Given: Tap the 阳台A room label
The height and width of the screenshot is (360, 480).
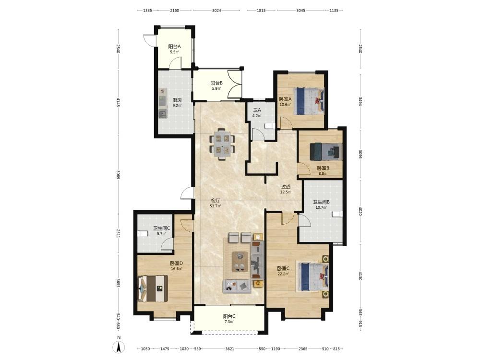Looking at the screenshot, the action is (175, 47).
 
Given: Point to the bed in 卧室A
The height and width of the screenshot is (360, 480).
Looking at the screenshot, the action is (309, 101).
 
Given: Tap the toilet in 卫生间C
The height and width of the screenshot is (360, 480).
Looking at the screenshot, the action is (142, 234).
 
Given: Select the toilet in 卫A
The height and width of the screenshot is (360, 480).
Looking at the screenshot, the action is (269, 125).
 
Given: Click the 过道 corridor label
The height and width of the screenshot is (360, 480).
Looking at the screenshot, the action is (286, 187).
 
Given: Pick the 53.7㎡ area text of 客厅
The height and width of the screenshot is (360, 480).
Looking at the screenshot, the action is (215, 206).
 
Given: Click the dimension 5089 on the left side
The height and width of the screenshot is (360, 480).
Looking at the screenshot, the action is (118, 177).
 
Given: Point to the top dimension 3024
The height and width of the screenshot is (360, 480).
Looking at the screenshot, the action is (216, 11).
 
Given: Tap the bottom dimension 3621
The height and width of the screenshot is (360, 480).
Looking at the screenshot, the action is (229, 348).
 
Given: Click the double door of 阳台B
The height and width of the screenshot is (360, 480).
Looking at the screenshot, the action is (235, 84).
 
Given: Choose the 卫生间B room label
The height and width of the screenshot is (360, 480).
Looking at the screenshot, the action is (321, 202).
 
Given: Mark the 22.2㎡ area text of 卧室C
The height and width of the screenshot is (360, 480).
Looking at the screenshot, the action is (283, 274).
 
